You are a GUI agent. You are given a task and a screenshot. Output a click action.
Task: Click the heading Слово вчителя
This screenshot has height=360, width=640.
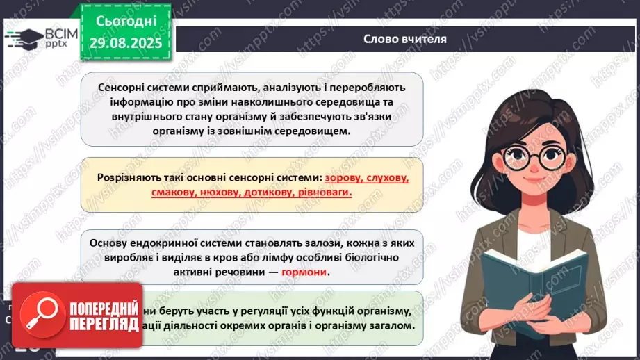(405, 39)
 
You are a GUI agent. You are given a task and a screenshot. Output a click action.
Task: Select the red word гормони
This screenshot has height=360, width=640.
(304, 272)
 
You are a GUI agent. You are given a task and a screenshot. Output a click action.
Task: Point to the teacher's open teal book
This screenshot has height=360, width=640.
(521, 278)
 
